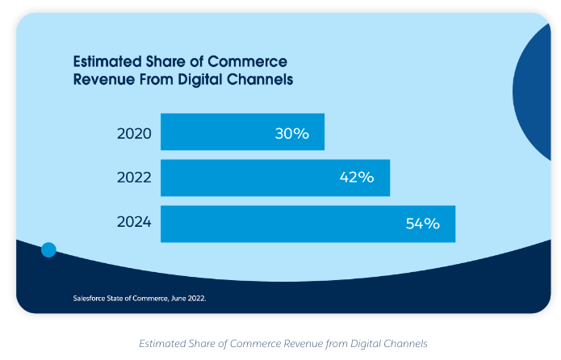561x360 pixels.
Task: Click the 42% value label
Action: (357, 178)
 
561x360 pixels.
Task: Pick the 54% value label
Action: (422, 224)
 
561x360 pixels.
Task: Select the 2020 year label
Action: (134, 133)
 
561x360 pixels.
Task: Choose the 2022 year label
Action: (134, 178)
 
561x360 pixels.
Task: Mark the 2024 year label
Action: (134, 224)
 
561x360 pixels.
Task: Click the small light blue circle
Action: (48, 249)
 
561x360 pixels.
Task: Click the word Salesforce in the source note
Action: (92, 298)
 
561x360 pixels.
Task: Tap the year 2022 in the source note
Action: (196, 298)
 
